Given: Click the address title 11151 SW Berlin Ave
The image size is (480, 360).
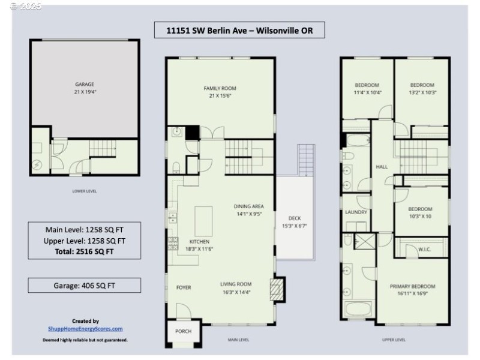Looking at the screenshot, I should tap(239, 29).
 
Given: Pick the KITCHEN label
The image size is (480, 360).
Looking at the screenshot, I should tap(199, 241).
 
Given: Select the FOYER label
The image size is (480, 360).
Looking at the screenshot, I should tap(184, 287).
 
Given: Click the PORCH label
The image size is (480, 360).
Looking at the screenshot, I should tap(182, 331).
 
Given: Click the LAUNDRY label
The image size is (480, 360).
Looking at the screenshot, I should tap(356, 212).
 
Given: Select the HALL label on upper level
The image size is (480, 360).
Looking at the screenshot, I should tap(382, 167).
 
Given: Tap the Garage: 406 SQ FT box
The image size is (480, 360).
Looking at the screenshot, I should tap(85, 286).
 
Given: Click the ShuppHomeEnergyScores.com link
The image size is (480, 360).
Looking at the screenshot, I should tap(85, 328).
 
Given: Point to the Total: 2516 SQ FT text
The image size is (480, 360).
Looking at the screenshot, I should tap(85, 252).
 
